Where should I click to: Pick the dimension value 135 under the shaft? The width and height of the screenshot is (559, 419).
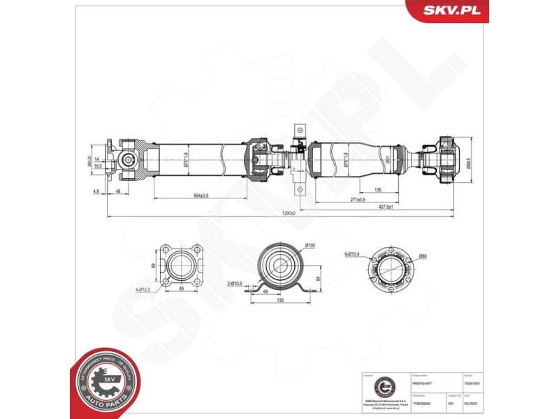pos(377,190)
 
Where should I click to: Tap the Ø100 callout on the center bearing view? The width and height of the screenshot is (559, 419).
pos(310,245)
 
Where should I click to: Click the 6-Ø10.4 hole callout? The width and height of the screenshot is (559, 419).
pos(353,253)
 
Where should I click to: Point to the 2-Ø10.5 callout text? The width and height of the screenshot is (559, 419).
pos(235,283)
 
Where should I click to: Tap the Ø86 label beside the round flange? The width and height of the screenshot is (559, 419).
pos(422,257)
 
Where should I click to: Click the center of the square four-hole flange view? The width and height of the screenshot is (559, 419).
pos(177,266)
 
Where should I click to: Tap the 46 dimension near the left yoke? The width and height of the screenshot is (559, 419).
pos(118,190)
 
